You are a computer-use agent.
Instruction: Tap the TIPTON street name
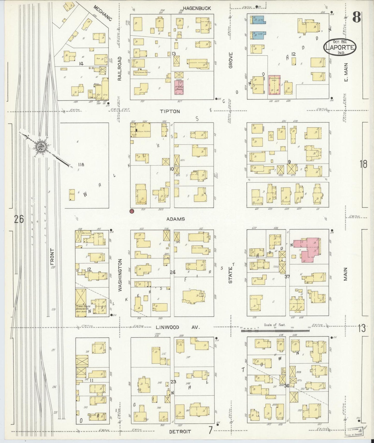point(170,111)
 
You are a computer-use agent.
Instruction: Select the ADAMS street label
point(175,219)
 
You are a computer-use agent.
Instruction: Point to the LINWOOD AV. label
point(178,327)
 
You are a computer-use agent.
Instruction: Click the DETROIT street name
point(180,431)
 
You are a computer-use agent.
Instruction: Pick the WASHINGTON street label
point(120,276)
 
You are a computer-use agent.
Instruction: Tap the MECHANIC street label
point(102,13)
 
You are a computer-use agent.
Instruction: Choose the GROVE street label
point(231,60)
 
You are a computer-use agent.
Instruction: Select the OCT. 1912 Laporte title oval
point(340,47)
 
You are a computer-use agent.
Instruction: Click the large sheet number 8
point(357,18)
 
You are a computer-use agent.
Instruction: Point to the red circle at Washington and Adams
point(131,211)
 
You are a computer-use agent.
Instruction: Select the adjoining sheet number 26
point(19,219)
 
